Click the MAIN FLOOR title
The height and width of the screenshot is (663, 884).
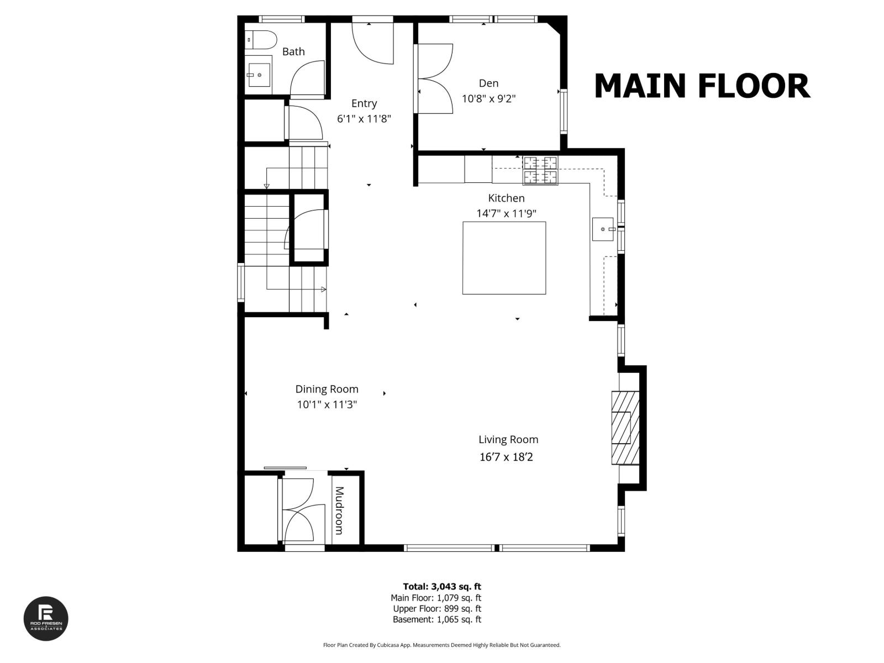click(702, 86)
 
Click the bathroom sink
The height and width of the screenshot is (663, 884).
click(259, 73)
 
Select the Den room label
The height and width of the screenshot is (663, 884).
click(488, 83)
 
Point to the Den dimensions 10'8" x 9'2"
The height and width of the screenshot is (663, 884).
click(488, 99)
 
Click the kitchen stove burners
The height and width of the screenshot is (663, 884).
click(540, 170)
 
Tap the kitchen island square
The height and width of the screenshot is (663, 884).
click(504, 258)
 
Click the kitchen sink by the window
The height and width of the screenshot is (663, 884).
click(603, 229)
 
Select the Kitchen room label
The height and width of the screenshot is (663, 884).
click(506, 198)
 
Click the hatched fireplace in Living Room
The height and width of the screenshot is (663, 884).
click(624, 427)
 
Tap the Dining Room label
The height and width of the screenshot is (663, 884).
click(327, 389)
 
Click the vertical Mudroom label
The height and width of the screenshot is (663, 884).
click(339, 511)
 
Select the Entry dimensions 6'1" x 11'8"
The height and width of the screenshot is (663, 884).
click(364, 119)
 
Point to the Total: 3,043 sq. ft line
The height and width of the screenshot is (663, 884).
click(442, 587)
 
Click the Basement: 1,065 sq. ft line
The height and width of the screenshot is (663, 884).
click(436, 619)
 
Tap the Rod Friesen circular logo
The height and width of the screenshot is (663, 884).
click(46, 619)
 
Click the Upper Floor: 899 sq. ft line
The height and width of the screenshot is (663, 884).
click(436, 609)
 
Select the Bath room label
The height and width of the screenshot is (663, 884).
click(293, 51)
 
